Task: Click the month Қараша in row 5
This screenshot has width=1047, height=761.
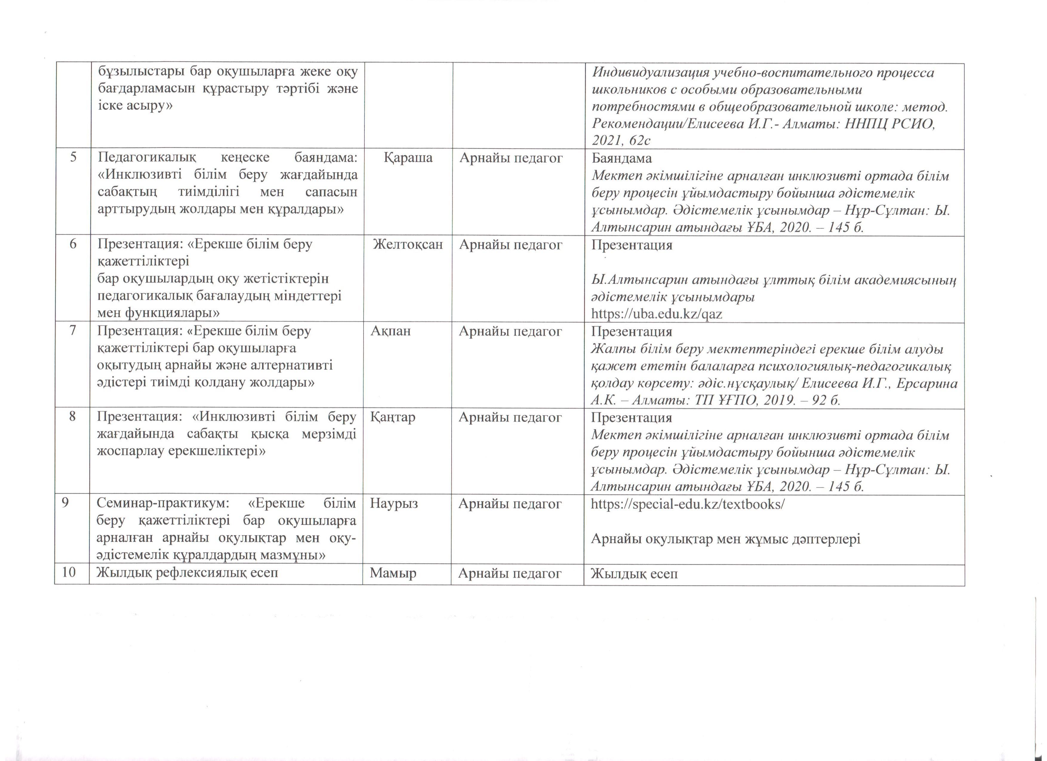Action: click(408, 158)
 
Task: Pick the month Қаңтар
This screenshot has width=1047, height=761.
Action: click(392, 417)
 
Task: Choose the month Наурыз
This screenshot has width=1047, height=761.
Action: click(394, 503)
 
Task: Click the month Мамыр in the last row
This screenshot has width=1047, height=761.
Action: click(393, 573)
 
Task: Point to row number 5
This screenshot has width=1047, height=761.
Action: click(73, 158)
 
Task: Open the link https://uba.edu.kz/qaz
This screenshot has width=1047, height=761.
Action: click(656, 314)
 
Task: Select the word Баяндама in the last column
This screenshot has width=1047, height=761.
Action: click(621, 158)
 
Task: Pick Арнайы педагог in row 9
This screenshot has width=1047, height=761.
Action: click(510, 503)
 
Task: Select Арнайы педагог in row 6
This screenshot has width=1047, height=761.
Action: click(511, 245)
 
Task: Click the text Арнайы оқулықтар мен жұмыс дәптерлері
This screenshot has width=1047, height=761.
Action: click(725, 539)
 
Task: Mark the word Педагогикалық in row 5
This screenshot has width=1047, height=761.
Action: click(147, 158)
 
